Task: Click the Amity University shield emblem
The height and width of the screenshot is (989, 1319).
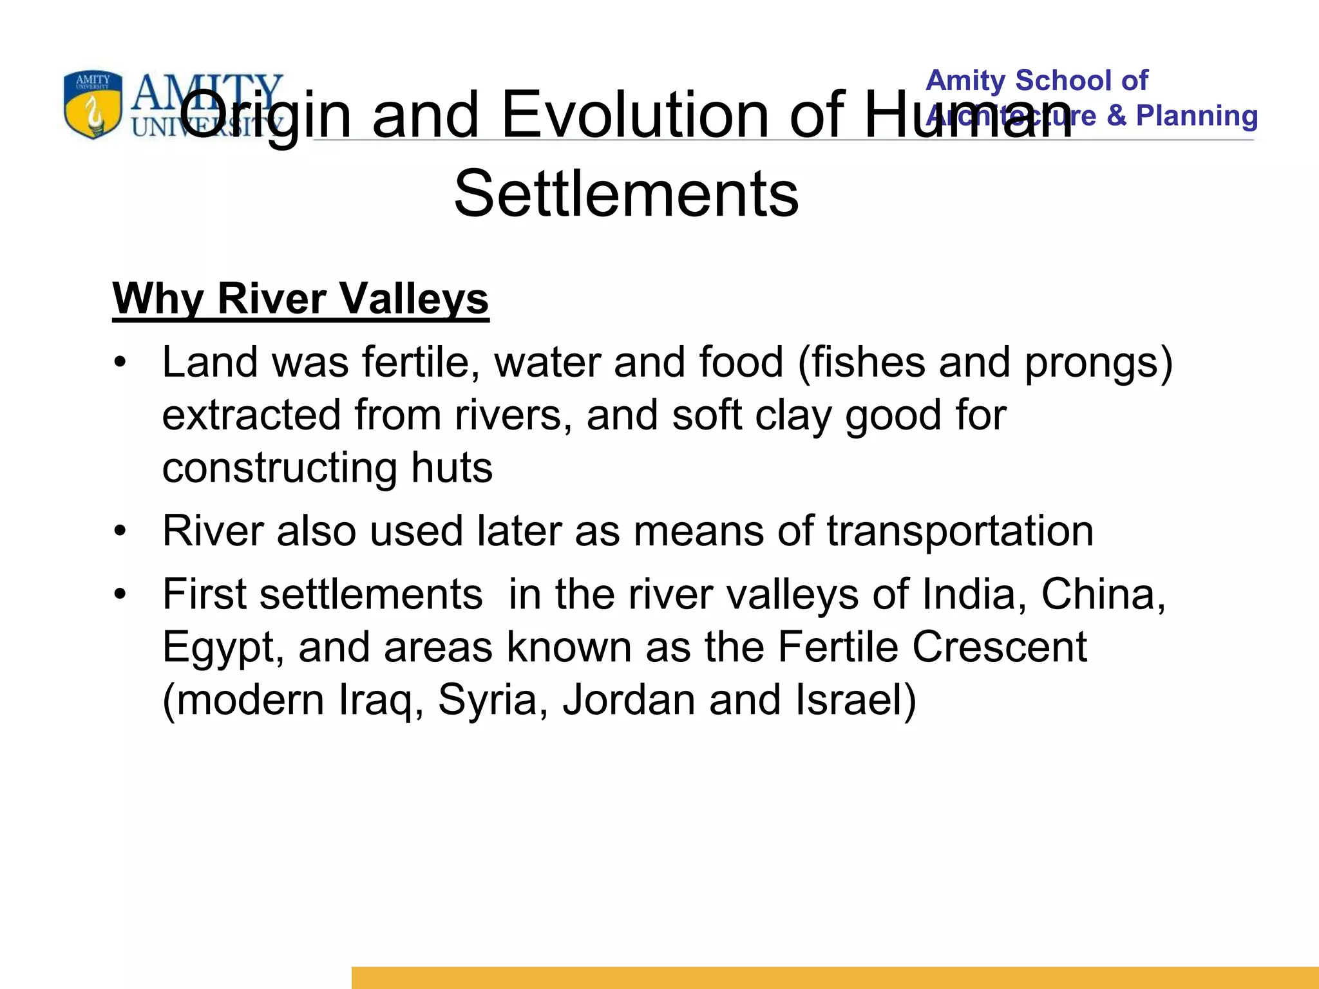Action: pyautogui.click(x=93, y=105)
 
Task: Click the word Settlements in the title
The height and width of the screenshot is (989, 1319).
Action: pyautogui.click(x=626, y=193)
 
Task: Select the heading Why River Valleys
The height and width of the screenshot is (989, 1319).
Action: pyautogui.click(x=301, y=299)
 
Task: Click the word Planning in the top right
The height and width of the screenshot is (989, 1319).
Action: pyautogui.click(x=1197, y=116)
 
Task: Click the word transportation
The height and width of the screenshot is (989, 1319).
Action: pyautogui.click(x=960, y=532)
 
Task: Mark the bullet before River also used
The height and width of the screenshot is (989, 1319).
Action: pyautogui.click(x=120, y=532)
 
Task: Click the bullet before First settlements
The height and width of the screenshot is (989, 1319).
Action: pyautogui.click(x=120, y=594)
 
